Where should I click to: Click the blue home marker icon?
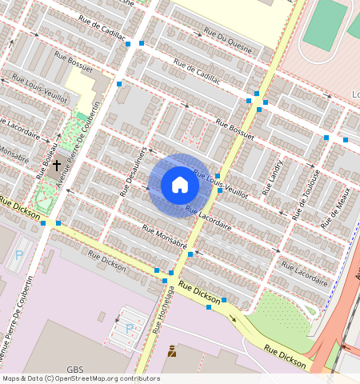[180, 185]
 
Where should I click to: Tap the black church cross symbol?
[56, 166]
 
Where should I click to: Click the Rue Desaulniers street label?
[133, 171]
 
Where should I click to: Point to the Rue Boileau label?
[46, 156]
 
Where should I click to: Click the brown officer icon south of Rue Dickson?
[172, 350]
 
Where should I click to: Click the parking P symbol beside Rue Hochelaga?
[129, 329]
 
